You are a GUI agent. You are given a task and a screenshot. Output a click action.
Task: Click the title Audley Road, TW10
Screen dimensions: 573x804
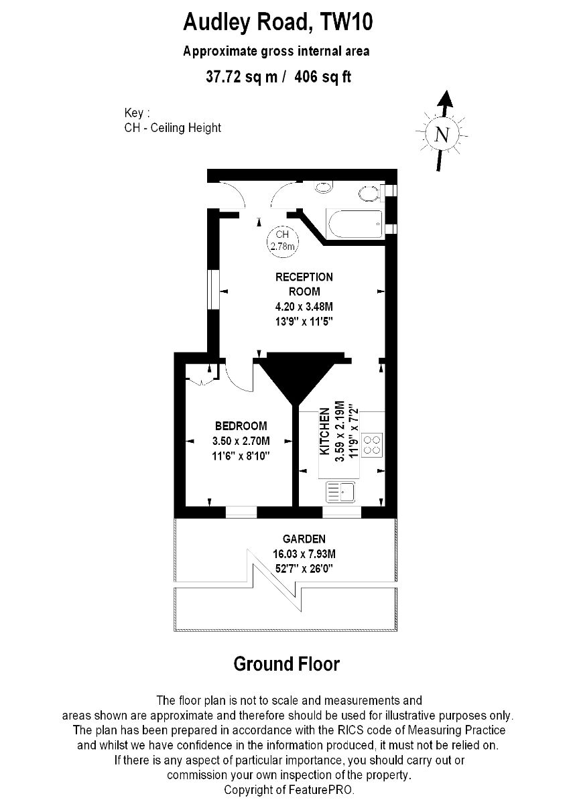278,22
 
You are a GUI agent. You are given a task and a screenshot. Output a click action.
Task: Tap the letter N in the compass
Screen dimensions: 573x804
442,135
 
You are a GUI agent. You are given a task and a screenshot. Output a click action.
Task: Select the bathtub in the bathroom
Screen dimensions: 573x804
354,224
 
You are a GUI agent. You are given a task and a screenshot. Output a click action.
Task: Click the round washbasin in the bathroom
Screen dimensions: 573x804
324,187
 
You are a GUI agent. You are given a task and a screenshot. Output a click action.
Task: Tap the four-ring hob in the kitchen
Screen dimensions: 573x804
372,445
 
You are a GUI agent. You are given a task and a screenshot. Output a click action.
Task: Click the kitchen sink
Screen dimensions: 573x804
340,491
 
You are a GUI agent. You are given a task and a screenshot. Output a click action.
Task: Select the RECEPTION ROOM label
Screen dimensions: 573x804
304,284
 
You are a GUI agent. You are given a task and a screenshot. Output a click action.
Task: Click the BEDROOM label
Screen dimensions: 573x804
241,425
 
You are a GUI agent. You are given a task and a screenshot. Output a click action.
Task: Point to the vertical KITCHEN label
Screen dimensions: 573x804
324,431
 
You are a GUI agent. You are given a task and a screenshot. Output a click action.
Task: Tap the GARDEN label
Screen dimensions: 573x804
304,549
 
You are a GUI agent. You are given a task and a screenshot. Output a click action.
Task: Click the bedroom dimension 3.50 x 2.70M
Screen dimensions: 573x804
241,440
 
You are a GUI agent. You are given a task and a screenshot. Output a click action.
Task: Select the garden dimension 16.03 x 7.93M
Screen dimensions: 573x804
304,564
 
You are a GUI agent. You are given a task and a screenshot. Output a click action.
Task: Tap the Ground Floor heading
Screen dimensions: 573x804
287,664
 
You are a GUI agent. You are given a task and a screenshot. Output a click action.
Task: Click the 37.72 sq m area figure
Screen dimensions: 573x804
242,77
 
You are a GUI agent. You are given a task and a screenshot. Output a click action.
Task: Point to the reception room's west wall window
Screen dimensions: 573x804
214,289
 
